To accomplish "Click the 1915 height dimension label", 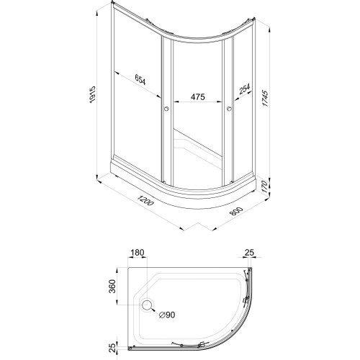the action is [x=92, y=95].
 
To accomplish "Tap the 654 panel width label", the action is [x=140, y=79].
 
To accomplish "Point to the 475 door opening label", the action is [x=198, y=96].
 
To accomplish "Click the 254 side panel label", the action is [x=245, y=89].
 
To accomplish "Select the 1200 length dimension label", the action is [x=145, y=201].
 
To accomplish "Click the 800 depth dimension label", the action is [x=236, y=211].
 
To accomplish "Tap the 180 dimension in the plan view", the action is [x=138, y=253].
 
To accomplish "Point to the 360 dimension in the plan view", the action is [x=112, y=286].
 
